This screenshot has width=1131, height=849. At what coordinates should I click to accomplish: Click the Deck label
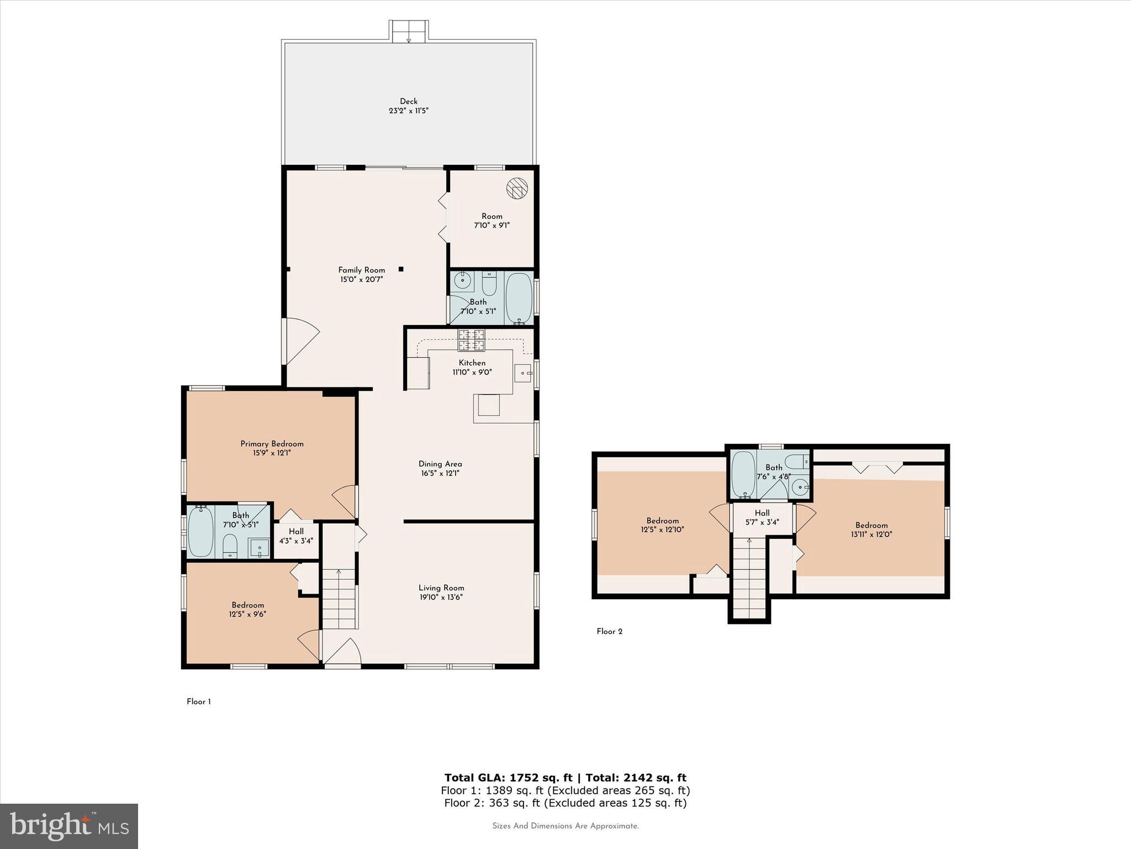[409, 101]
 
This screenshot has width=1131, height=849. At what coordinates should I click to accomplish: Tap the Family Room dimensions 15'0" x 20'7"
[361, 280]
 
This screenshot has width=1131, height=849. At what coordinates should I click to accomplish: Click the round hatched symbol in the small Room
[517, 188]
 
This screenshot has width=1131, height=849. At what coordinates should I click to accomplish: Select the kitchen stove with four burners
[471, 340]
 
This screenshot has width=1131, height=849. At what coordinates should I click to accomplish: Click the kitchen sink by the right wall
[522, 373]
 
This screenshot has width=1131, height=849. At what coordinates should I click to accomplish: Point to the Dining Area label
[440, 464]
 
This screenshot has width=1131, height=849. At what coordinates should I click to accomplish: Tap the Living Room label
[441, 588]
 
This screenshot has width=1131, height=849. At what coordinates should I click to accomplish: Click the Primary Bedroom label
[272, 444]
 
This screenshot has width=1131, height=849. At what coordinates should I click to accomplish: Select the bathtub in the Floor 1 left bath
[200, 532]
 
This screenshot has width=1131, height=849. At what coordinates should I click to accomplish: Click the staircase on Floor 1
[339, 600]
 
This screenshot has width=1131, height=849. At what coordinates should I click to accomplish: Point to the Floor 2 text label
[609, 631]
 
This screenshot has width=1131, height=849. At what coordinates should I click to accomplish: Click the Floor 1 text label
[198, 701]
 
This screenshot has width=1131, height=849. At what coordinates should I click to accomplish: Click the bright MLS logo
[69, 826]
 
